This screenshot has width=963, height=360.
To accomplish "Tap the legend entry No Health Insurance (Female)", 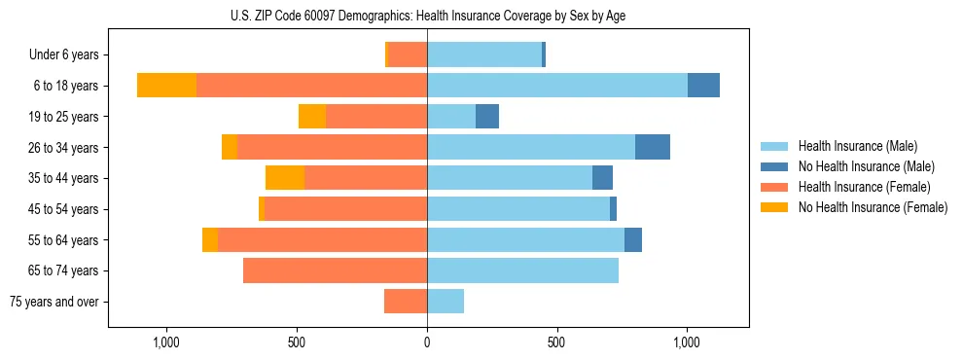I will pos(873,207).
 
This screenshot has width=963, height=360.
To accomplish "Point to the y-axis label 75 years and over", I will pos(54,302).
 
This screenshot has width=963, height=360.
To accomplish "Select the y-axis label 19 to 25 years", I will pos(65,117).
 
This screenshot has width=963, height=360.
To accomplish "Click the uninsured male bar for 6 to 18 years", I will pos(703,86).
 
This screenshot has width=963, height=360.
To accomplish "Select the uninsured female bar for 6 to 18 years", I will pos(166,86).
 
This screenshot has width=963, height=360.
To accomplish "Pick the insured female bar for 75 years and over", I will pos(406,302).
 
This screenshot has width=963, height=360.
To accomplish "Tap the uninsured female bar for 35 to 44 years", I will pos(285,178).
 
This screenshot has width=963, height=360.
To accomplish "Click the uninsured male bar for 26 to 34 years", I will pos(653,147).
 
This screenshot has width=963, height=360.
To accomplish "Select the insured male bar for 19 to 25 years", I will pos(451,117).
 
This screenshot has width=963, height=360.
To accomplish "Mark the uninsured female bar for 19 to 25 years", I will pos(312,117).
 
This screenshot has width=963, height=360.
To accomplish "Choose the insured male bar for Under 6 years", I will pos(484,54).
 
